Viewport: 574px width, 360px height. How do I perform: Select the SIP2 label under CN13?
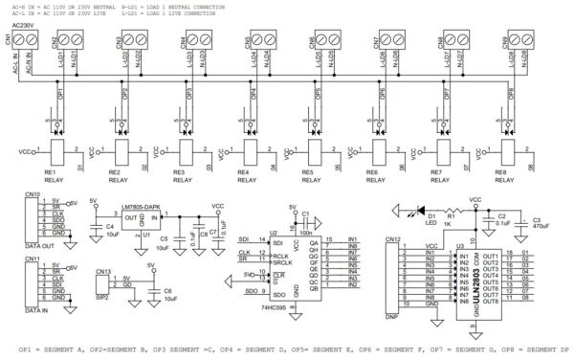[x=104, y=297]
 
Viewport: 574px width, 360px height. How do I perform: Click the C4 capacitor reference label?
[x=94, y=227]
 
